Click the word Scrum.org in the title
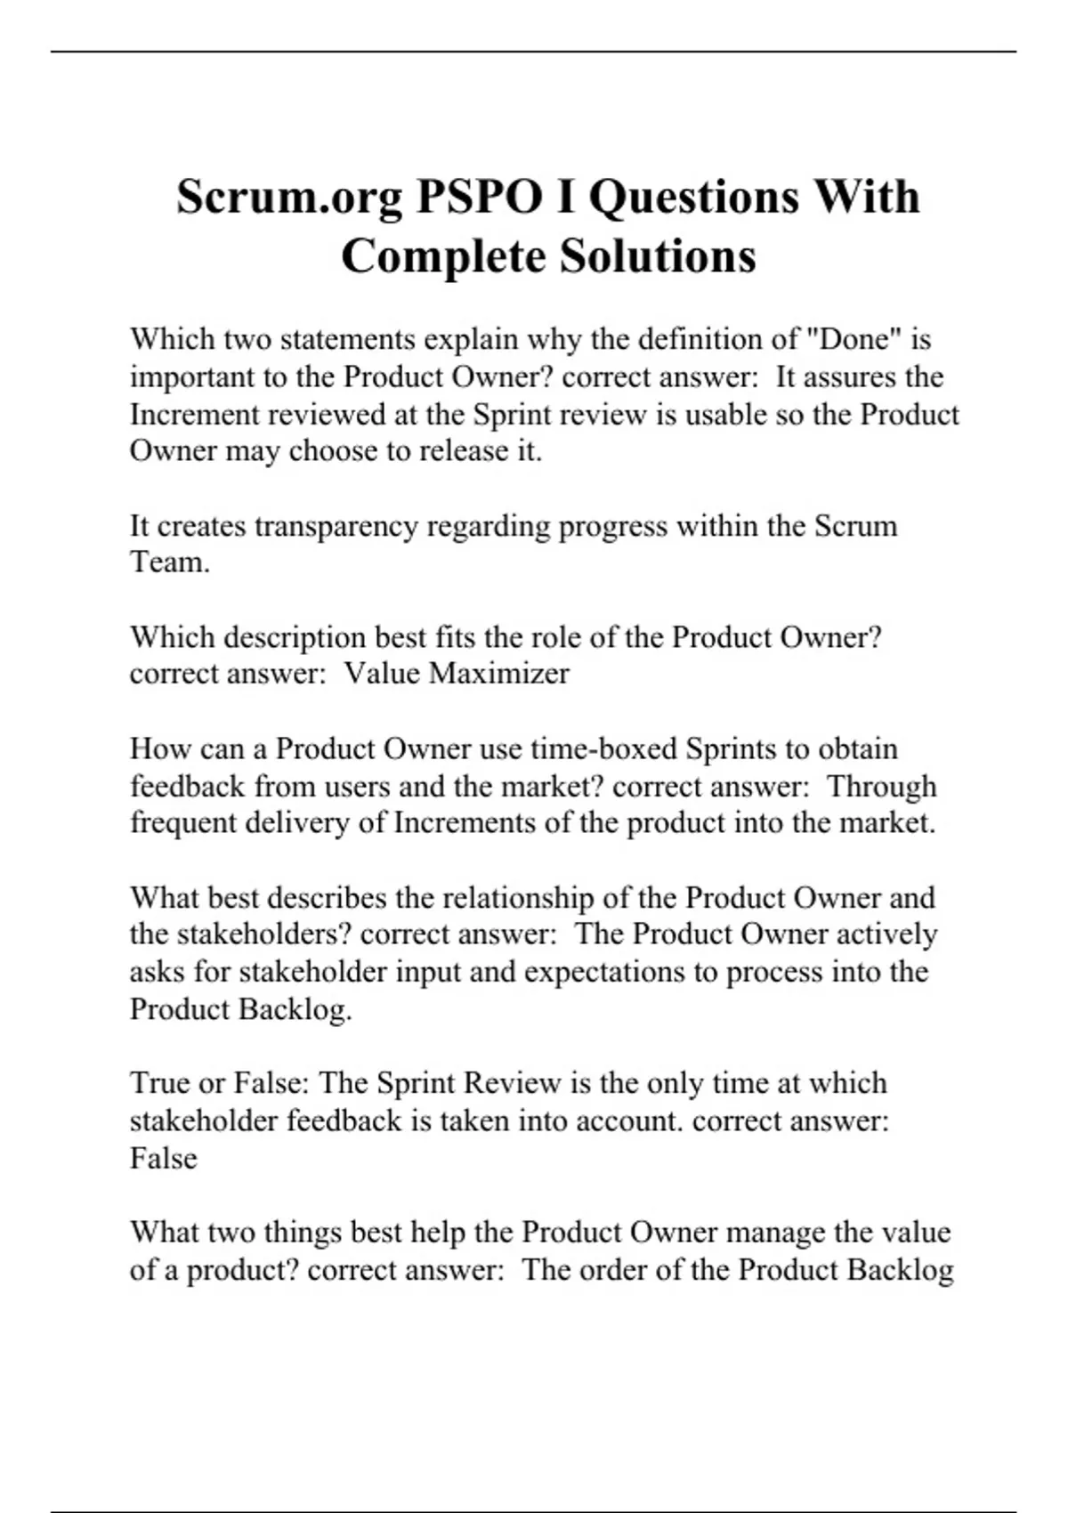[288, 197]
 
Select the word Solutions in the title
[658, 256]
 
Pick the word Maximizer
[498, 673]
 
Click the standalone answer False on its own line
[163, 1158]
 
